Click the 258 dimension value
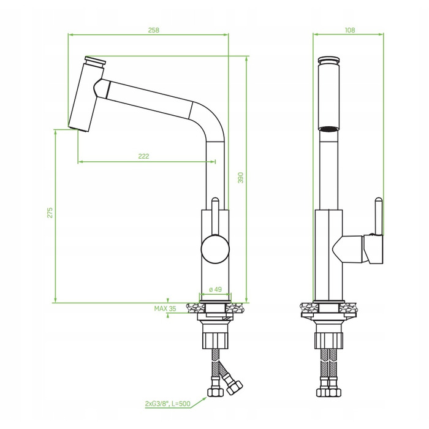click(x=153, y=30)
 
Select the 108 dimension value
click(x=350, y=30)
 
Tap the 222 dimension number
click(x=143, y=156)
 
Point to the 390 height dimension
click(x=240, y=178)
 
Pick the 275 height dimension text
click(x=50, y=213)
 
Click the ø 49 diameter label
click(x=215, y=289)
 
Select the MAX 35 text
click(x=165, y=309)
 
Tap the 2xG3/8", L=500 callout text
click(x=167, y=403)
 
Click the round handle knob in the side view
click(x=215, y=249)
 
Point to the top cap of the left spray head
click(x=95, y=60)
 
